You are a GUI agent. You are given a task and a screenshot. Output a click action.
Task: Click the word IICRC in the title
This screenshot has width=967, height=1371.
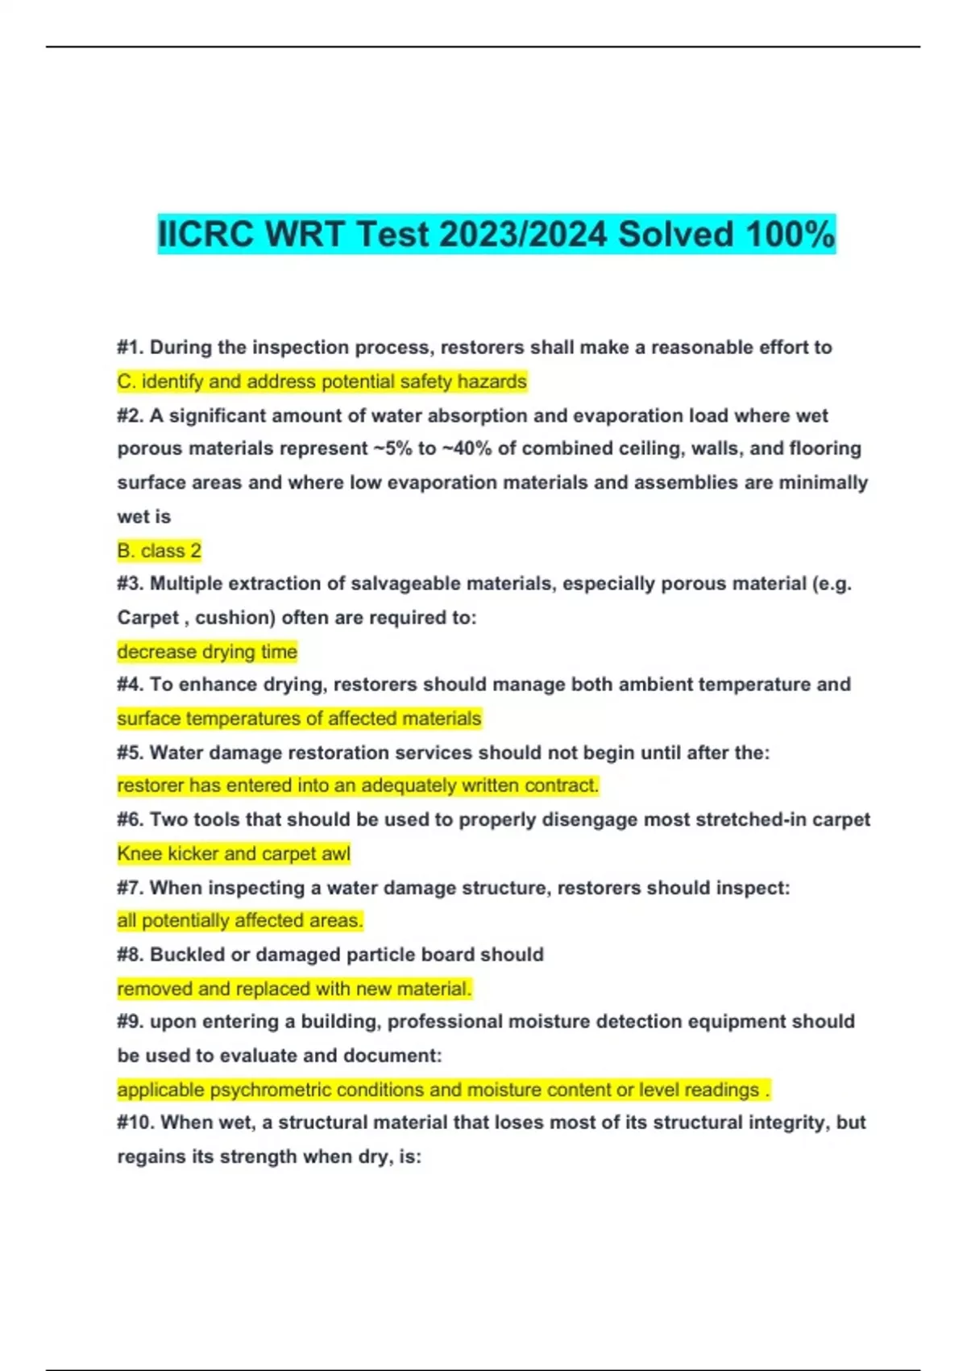[x=206, y=235]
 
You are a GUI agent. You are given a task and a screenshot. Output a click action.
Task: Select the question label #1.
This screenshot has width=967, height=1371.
[x=130, y=348]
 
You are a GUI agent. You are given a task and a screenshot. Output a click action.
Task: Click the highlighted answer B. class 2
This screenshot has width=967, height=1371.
[x=159, y=551]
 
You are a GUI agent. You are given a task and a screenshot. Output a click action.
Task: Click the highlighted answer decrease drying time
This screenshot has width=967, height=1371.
[x=207, y=652]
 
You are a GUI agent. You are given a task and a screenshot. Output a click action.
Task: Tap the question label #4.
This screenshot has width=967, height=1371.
[x=131, y=685]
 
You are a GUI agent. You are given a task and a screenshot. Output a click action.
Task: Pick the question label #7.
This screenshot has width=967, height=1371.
[x=131, y=888]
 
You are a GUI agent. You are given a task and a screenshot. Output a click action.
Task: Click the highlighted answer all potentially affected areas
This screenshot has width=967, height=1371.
[x=240, y=920]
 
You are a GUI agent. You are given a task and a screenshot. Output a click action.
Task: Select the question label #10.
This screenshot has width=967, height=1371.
[x=135, y=1123]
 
